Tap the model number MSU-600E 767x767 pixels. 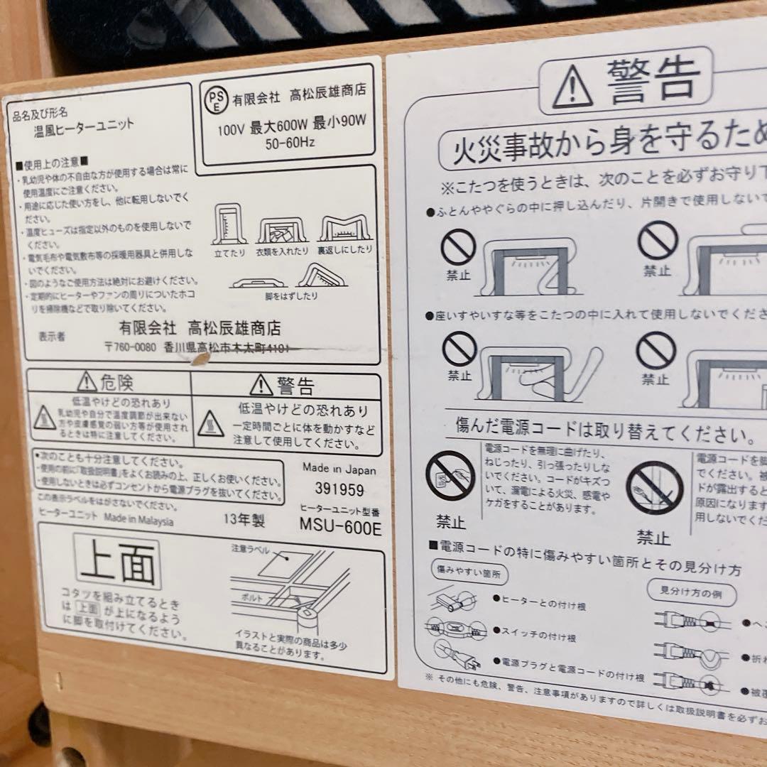tap(340, 528)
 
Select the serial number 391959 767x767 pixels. tap(339, 490)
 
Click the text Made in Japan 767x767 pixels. tap(339, 469)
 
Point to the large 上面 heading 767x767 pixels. tap(117, 561)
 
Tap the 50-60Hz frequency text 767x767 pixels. tap(290, 143)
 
